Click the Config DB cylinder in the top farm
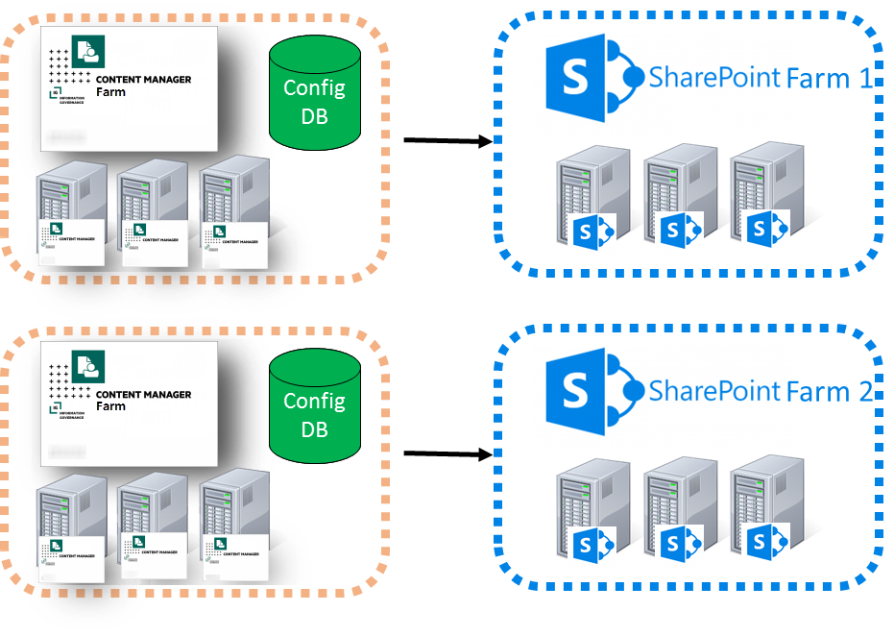click(314, 100)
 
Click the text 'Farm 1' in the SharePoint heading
click(830, 79)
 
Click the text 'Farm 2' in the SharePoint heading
click(830, 392)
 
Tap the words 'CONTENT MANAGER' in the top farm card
click(143, 81)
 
